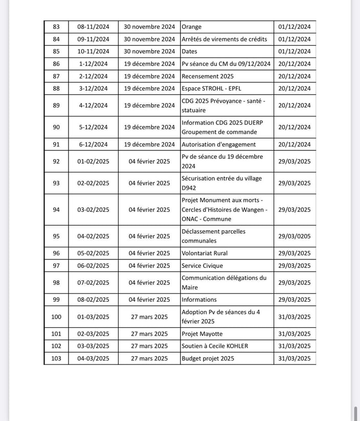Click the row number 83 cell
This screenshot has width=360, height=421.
point(56,27)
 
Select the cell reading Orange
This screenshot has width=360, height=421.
point(192,27)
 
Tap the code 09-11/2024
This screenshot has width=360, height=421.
point(93,39)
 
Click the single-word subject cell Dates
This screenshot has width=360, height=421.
point(189,51)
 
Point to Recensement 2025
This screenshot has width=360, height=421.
point(208,76)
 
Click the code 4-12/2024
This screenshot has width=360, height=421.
point(93,105)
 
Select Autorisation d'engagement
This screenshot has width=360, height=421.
point(218,144)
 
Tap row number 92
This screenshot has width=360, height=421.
point(56,161)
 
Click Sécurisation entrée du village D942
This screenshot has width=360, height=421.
point(221,183)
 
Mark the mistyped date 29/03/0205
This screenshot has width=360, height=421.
point(294,236)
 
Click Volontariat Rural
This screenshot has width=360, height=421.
point(205,253)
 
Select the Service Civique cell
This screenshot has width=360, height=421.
point(202,265)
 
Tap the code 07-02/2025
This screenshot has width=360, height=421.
point(93,282)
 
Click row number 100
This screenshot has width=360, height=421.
point(56,317)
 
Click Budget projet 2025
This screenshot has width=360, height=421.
point(208,359)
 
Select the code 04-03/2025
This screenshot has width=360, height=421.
point(93,359)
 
